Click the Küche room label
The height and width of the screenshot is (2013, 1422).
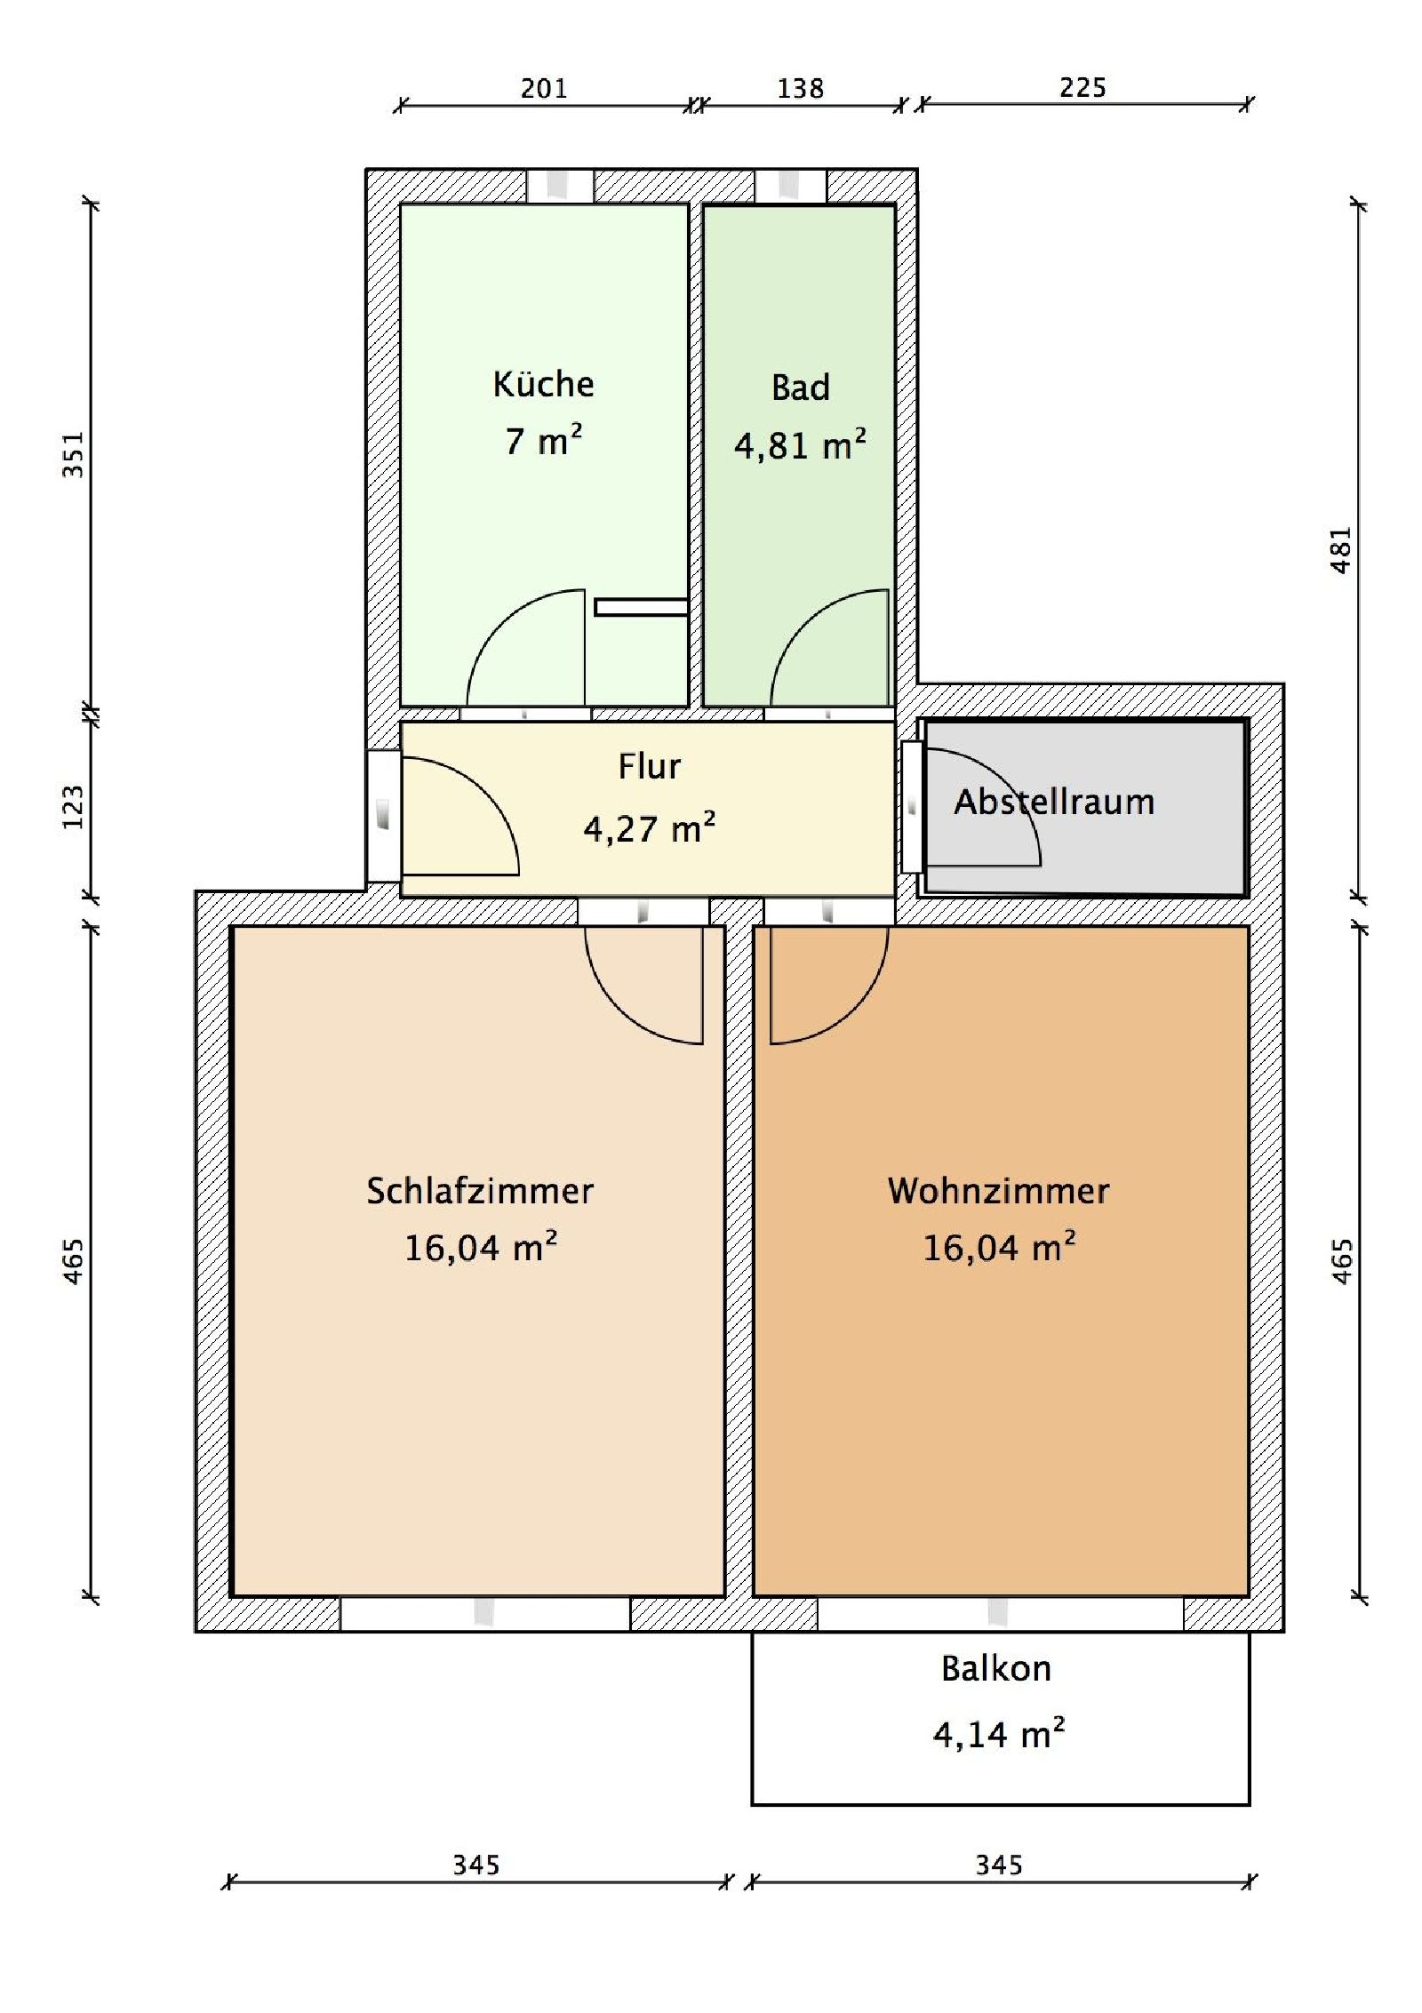point(543,384)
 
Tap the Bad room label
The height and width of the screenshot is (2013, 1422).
point(800,387)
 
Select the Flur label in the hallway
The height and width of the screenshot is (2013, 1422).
point(649,766)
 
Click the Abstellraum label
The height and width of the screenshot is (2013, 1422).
point(1054,803)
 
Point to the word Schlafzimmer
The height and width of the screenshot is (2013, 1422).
point(480,1191)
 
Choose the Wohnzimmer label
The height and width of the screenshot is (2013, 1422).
point(998,1191)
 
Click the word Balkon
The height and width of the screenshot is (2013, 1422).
point(996,1668)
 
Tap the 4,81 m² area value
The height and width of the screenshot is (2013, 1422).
point(800,443)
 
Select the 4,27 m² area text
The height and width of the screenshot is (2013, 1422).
point(649,827)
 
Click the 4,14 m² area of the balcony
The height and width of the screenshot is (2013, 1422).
point(998,1732)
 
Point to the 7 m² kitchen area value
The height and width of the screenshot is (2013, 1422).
point(543,440)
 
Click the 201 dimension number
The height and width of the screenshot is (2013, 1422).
point(543,88)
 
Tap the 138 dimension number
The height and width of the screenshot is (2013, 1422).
point(800,88)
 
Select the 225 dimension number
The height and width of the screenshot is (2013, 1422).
point(1082,87)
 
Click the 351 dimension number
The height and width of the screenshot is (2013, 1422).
point(73,454)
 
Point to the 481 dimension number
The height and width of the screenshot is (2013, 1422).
point(1342,550)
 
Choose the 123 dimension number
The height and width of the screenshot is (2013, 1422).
point(73,807)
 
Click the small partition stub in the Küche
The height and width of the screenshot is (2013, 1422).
point(641,607)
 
